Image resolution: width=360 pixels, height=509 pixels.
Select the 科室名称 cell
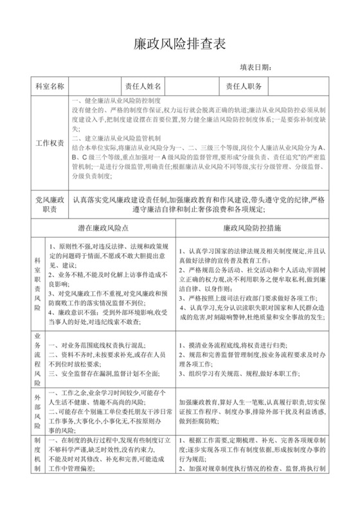pyautogui.click(x=50, y=86)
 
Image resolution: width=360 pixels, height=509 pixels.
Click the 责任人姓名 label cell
pyautogui.click(x=145, y=86)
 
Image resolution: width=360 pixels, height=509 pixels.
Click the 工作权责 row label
pyautogui.click(x=50, y=143)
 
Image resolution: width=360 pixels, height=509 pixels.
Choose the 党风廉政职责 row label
pyautogui.click(x=50, y=206)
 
